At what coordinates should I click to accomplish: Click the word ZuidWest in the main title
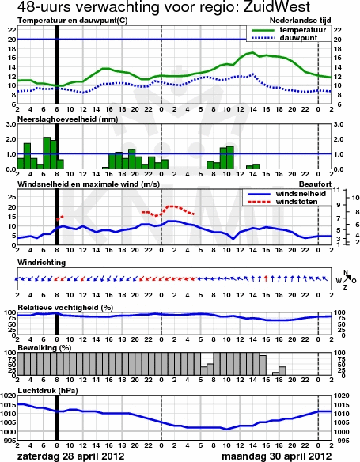click(277, 6)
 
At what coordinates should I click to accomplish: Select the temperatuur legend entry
click(289, 30)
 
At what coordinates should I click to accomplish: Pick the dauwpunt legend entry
click(284, 38)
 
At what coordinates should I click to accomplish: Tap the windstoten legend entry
click(282, 202)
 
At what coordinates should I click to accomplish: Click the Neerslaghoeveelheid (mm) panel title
click(68, 119)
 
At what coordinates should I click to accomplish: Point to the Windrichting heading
click(41, 263)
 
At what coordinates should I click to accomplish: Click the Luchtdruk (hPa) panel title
click(47, 391)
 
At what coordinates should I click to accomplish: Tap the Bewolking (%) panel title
click(44, 348)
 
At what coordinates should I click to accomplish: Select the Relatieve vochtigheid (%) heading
click(66, 308)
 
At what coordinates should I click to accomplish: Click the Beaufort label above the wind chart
click(315, 184)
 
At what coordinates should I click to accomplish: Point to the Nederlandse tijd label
click(300, 21)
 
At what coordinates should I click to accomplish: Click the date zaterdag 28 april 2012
click(71, 456)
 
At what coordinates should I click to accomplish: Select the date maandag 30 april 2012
click(277, 456)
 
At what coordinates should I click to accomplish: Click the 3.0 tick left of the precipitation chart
click(10, 124)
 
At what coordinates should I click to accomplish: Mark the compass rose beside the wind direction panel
click(346, 280)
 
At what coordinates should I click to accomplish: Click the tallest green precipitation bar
click(47, 153)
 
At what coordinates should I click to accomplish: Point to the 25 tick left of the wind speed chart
click(12, 198)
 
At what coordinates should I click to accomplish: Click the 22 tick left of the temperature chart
click(12, 30)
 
